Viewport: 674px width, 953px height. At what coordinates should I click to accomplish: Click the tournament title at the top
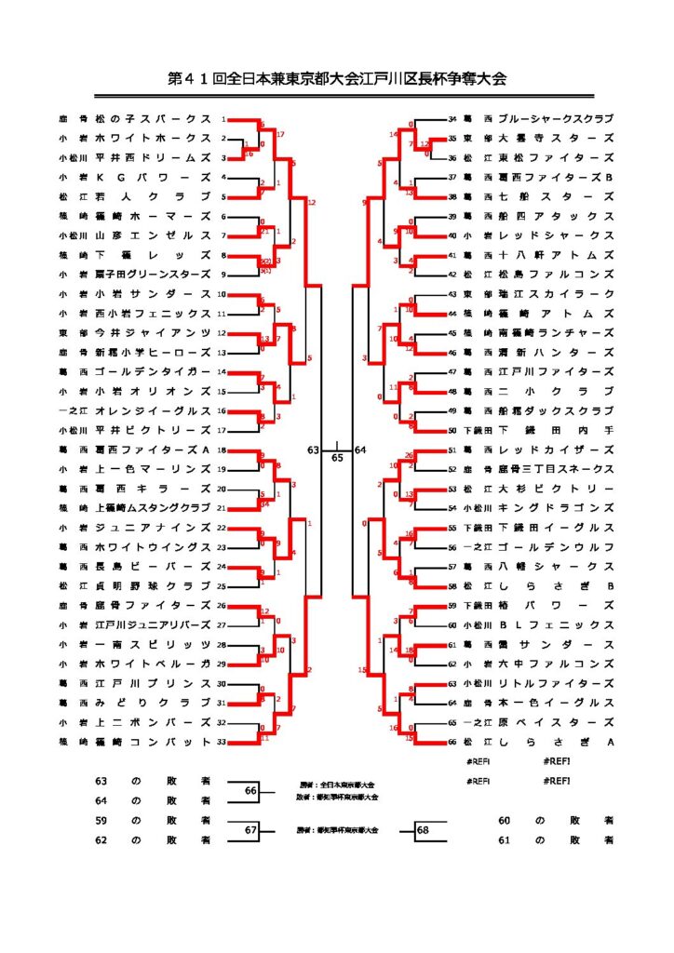(x=337, y=79)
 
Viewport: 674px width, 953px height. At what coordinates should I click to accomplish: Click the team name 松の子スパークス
(x=160, y=120)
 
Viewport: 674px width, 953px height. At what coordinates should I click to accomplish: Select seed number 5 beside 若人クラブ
(x=223, y=196)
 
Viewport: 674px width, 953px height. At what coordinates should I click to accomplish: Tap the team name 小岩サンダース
(x=160, y=293)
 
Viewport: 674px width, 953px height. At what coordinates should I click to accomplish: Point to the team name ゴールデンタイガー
(x=160, y=371)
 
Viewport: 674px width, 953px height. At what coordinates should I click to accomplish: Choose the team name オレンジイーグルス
(x=160, y=410)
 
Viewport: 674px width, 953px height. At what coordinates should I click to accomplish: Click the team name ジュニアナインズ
(x=160, y=528)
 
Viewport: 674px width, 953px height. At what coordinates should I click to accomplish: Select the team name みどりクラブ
(x=160, y=703)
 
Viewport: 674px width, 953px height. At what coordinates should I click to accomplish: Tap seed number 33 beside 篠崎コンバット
(x=222, y=742)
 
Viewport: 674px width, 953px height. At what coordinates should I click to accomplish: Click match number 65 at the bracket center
(x=337, y=457)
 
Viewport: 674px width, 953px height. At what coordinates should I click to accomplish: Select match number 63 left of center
(x=313, y=450)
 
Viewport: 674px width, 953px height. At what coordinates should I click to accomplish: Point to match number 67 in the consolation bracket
(x=250, y=830)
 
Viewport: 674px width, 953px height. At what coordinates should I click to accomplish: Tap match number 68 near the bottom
(x=424, y=830)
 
